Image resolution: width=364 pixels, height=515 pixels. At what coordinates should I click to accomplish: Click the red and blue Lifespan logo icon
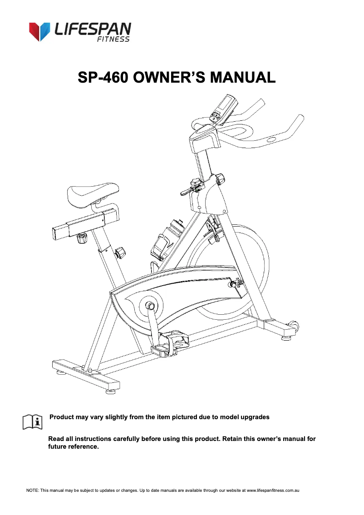[39, 31]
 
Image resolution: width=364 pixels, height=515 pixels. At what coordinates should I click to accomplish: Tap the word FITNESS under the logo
[113, 40]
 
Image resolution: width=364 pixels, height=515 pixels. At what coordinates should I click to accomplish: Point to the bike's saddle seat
[93, 193]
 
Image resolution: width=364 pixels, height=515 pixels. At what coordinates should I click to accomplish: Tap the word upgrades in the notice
[254, 417]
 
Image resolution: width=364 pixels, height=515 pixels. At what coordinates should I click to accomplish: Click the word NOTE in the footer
[32, 490]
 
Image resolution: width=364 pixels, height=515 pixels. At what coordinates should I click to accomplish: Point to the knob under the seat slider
[82, 238]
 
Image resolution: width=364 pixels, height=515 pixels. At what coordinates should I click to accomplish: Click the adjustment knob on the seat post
[121, 253]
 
